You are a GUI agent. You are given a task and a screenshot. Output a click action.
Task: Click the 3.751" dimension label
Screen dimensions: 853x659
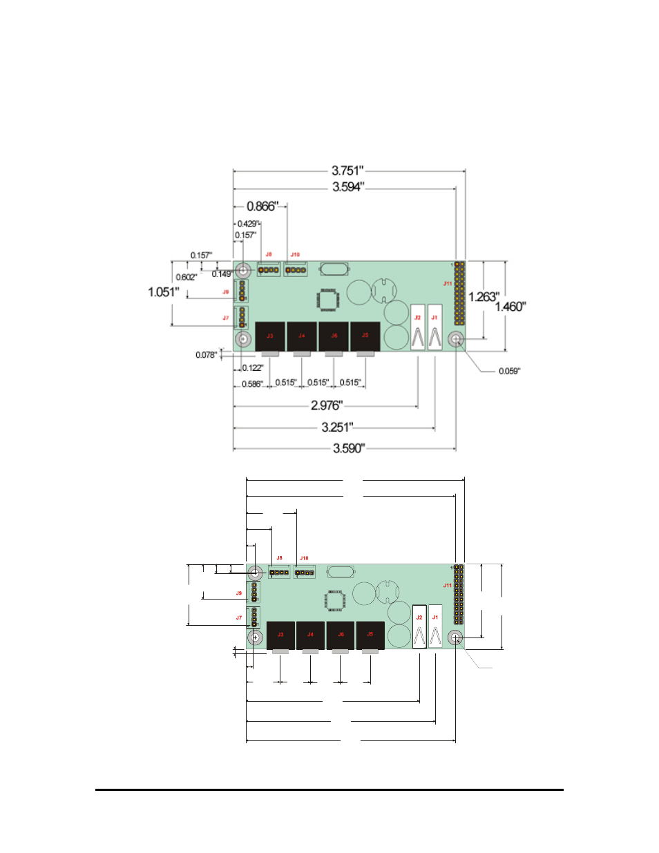347,171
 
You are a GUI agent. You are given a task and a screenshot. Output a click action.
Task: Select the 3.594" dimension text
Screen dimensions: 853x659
347,187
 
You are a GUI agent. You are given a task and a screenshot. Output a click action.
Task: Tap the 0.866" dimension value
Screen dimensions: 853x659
262,207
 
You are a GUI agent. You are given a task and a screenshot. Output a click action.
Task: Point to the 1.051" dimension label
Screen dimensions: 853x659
163,292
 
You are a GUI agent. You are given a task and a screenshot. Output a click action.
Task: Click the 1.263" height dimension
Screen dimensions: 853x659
484,297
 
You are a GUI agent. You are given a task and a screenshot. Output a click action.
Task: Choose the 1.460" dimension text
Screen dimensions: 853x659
510,307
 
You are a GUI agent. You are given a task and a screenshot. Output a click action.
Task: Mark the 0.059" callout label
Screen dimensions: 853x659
509,372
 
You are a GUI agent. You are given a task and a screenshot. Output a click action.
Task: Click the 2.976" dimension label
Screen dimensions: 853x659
326,405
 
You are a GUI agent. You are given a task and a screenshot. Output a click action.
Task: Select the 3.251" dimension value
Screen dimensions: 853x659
337,428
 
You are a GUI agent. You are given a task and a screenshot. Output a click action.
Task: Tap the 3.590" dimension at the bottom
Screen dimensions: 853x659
348,448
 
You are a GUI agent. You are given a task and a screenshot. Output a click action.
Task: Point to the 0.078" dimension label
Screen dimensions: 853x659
206,355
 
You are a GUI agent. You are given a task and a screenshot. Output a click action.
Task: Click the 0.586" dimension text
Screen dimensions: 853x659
252,384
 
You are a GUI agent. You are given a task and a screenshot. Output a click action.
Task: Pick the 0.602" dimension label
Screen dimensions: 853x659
186,277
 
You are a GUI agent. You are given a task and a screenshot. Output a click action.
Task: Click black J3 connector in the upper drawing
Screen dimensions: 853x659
270,336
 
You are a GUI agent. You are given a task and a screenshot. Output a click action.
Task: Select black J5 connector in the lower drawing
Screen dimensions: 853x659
370,635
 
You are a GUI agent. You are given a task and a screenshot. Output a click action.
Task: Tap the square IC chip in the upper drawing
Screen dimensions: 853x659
328,300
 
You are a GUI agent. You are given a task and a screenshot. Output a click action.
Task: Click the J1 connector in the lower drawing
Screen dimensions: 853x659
435,626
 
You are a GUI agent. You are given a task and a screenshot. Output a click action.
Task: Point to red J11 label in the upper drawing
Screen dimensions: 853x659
448,283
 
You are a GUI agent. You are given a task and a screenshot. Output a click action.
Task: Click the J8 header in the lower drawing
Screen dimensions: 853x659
279,572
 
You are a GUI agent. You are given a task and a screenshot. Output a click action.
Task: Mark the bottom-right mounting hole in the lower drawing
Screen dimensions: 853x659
455,638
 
